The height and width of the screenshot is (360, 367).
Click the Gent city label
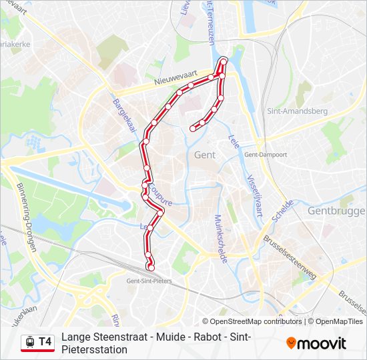tap(204, 155)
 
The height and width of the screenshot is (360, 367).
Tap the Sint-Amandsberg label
tap(296, 111)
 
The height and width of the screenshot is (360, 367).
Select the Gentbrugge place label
tap(336, 211)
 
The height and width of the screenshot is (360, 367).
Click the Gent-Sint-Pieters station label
tap(149, 281)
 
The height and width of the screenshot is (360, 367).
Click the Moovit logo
tap(316, 343)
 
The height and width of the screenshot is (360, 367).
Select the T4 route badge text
tap(45, 342)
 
